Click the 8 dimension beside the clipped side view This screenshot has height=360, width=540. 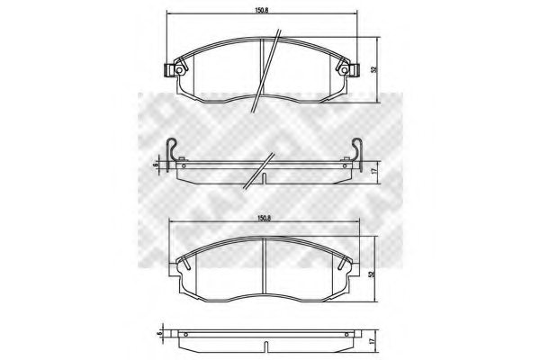(x=157, y=165)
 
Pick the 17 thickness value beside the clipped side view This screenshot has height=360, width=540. (x=373, y=169)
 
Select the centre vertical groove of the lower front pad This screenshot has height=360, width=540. (x=264, y=266)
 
